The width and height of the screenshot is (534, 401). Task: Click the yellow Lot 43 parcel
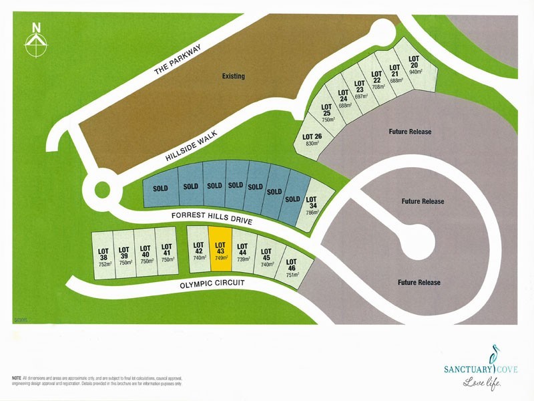(x=220, y=249)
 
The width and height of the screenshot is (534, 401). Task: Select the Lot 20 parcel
(x=416, y=61)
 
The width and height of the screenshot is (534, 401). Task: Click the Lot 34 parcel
(x=312, y=205)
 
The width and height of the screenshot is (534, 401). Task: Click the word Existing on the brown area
(x=234, y=76)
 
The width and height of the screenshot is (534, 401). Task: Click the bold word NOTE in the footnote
(x=17, y=378)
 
